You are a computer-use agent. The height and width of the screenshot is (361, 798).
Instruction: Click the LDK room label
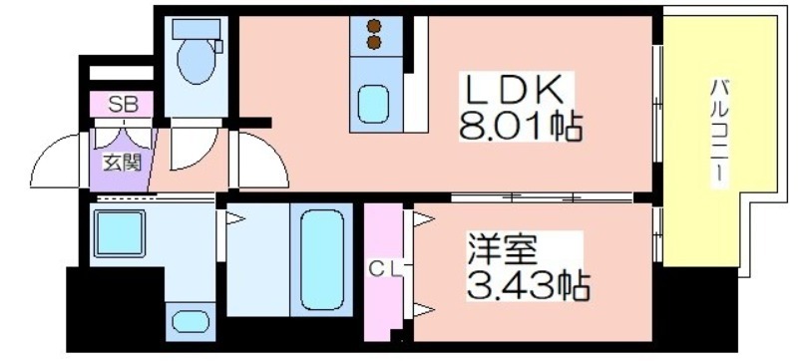[512, 91]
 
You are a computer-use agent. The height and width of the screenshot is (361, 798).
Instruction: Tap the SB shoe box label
[123, 105]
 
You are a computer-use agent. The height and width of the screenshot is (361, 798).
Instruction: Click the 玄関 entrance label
[122, 164]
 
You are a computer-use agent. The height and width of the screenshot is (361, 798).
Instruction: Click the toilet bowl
[196, 61]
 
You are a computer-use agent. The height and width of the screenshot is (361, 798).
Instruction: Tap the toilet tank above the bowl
[196, 29]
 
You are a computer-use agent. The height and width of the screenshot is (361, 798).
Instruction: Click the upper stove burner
[374, 25]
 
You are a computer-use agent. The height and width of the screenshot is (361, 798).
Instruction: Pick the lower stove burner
[374, 42]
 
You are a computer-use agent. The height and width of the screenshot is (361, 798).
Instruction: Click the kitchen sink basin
[373, 104]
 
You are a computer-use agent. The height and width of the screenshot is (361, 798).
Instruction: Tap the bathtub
[321, 259]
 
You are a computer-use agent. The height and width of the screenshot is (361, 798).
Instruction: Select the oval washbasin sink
[191, 321]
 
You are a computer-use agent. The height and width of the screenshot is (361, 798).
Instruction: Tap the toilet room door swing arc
[203, 157]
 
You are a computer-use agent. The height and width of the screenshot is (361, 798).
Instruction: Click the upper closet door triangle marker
[422, 219]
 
